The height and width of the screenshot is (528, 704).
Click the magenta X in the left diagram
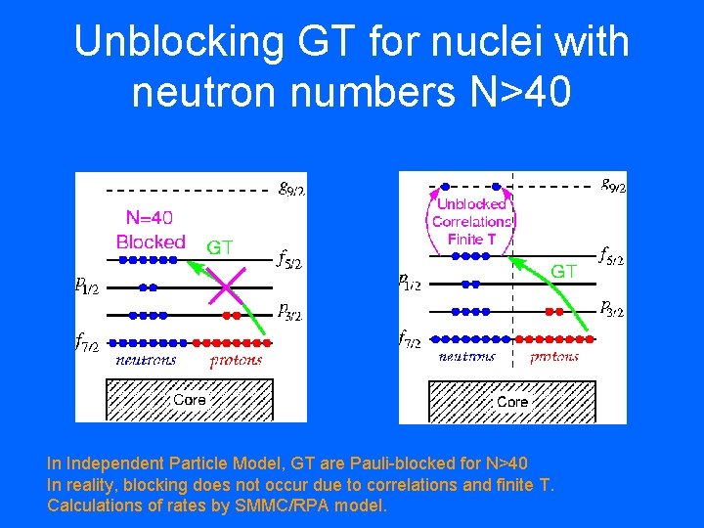[x=225, y=287]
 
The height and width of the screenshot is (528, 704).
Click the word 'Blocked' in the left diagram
[x=151, y=241]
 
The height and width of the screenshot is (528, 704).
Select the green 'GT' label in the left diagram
[x=219, y=247]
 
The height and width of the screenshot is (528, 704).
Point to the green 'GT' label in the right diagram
[x=564, y=271]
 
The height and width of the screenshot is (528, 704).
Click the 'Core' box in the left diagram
[x=189, y=400]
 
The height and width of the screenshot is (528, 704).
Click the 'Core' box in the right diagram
[x=511, y=402]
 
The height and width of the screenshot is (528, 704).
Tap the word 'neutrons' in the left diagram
[x=147, y=360]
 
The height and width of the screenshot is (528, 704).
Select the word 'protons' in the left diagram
[x=236, y=360]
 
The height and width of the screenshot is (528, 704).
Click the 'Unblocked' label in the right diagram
[x=471, y=204]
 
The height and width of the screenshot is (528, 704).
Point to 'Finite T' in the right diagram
[x=472, y=239]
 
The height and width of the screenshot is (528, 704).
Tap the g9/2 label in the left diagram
[x=291, y=188]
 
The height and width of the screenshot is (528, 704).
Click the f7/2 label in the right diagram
[x=410, y=339]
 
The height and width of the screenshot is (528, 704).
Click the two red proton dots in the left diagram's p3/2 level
[x=231, y=315]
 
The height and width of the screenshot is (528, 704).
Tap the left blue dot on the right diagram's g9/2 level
[x=445, y=186]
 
